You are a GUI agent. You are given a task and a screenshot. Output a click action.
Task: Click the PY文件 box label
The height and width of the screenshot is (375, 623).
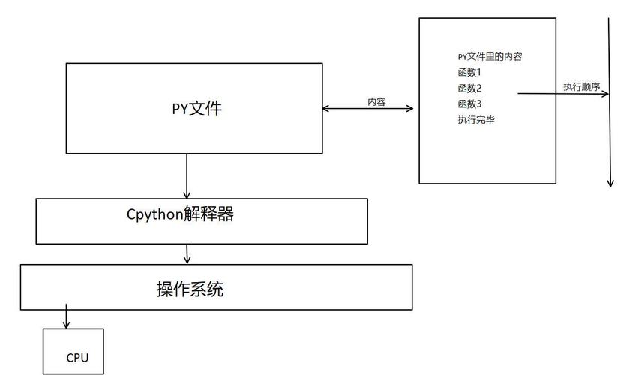coord(197,108)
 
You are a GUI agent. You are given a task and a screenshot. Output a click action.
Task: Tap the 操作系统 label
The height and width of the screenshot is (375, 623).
coord(190,289)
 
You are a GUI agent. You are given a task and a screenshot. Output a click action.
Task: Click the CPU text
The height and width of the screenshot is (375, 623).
coord(77,358)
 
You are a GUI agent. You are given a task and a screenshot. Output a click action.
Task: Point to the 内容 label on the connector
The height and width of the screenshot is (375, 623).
coord(376,102)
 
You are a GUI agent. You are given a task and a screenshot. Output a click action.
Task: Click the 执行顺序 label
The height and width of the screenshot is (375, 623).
coord(582,87)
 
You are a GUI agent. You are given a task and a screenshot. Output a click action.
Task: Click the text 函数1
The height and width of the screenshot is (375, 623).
coord(469,73)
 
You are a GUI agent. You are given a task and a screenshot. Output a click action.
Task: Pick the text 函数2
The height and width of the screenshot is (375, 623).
coord(469,88)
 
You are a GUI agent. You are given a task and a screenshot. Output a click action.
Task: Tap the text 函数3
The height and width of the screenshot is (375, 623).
coord(469,103)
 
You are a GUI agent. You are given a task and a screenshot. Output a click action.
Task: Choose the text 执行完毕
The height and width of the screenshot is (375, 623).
coord(476,120)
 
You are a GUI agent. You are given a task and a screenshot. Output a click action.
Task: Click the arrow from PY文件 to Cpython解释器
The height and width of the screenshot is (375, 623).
coord(187,175)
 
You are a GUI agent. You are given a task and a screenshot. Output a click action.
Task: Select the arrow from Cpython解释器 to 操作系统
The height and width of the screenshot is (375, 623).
coord(187,253)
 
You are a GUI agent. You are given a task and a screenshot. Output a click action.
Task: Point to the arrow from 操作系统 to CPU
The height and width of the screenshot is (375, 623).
coord(66,316)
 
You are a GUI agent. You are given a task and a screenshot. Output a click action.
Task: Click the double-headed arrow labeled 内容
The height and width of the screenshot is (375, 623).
coord(367,109)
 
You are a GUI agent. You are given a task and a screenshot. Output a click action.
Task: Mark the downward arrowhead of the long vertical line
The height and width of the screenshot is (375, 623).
coord(610,181)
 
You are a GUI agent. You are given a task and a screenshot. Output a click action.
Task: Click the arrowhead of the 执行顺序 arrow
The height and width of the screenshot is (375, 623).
coord(604,94)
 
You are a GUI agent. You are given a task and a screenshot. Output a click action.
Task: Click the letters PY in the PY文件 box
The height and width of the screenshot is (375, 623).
coord(180,108)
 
